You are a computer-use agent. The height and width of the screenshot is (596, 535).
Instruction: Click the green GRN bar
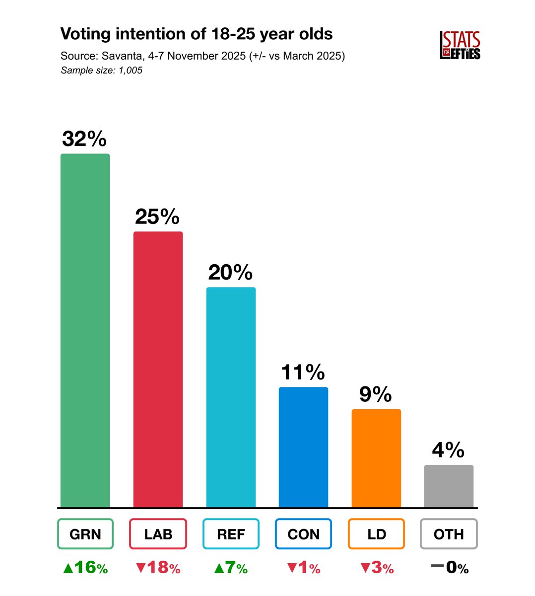[x=85, y=330]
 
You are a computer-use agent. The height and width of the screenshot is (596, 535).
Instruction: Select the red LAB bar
[x=158, y=370]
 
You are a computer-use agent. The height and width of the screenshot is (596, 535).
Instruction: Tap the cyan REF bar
[x=231, y=397]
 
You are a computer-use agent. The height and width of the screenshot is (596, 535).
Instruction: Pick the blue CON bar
[x=303, y=447]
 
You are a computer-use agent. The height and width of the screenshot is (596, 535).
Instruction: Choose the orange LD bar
[x=376, y=458]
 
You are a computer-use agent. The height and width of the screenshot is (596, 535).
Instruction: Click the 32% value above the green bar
[x=84, y=139]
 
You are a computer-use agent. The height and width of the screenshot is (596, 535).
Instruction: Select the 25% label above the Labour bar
[x=157, y=217]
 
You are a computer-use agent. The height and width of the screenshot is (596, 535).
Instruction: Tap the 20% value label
[x=230, y=272]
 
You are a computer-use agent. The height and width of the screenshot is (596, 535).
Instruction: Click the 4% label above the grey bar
[x=448, y=450]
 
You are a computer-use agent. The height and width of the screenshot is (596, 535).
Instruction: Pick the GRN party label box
[x=85, y=534]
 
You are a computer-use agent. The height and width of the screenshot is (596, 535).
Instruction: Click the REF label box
[x=231, y=534]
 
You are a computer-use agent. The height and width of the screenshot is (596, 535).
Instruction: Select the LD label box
[x=376, y=534]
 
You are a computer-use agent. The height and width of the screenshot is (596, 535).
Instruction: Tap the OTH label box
[x=449, y=534]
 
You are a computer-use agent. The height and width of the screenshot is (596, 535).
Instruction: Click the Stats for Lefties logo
[x=460, y=46]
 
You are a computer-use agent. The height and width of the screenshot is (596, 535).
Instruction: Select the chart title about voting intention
[x=197, y=34]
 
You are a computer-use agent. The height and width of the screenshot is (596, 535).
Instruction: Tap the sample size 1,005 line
[x=102, y=71]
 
